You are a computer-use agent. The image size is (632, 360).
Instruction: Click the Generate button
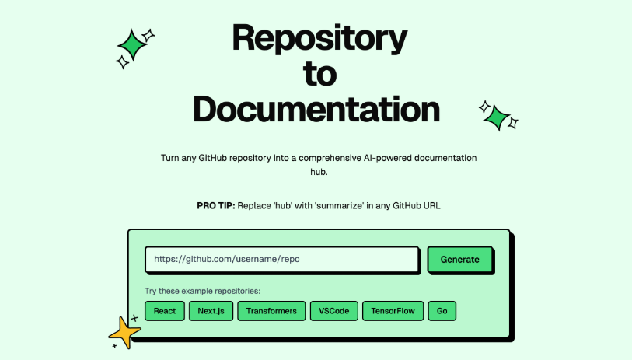[x=460, y=260]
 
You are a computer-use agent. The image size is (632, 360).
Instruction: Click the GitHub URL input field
[x=281, y=260]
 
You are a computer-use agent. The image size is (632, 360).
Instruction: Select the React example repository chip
[x=165, y=311]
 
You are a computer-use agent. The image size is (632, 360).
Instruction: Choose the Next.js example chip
[x=211, y=311]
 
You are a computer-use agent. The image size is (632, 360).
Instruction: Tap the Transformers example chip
[x=271, y=311]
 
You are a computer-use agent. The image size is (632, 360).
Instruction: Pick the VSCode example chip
[x=334, y=311]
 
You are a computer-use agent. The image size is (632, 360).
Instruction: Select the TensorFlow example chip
[x=393, y=311]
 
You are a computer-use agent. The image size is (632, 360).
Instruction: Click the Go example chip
[x=442, y=311]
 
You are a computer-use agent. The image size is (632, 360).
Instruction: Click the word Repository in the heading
[x=319, y=37]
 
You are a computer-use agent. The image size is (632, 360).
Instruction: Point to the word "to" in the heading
[x=319, y=73]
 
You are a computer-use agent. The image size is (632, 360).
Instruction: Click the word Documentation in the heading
[x=316, y=109]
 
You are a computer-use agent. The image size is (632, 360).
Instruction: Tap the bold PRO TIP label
[x=215, y=205]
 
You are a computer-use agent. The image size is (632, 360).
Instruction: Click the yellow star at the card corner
[x=125, y=333]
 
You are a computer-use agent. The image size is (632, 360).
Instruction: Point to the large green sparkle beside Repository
[x=133, y=45]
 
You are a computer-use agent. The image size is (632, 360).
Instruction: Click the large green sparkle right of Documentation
[x=495, y=117]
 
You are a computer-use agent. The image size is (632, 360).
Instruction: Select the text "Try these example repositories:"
[x=202, y=292]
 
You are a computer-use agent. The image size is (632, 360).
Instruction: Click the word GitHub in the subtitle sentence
[x=218, y=158]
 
